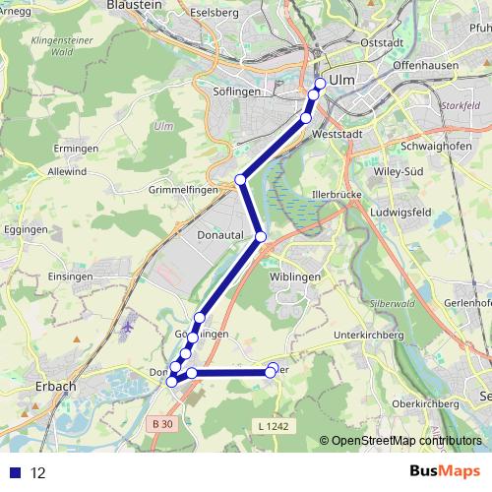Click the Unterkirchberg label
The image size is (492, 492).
370,336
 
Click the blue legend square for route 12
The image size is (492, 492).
16,472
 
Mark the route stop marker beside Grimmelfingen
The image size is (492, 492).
241,180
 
